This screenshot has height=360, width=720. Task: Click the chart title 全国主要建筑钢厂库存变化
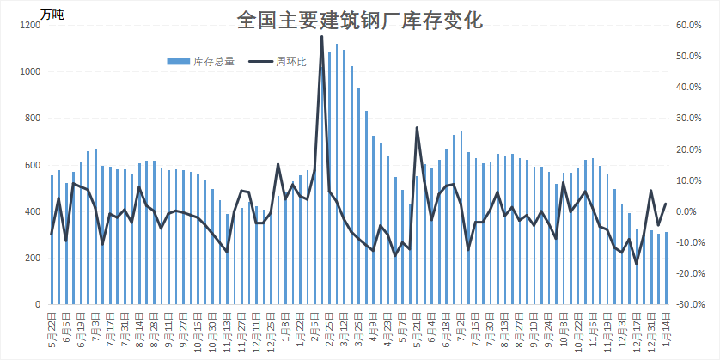359,21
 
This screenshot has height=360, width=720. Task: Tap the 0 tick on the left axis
38,304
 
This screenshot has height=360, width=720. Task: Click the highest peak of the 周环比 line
321,37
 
